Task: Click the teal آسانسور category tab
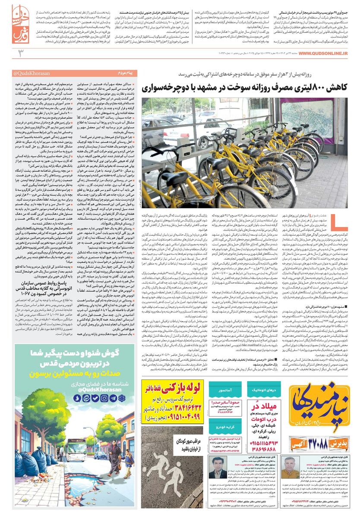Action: (x=225, y=389)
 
